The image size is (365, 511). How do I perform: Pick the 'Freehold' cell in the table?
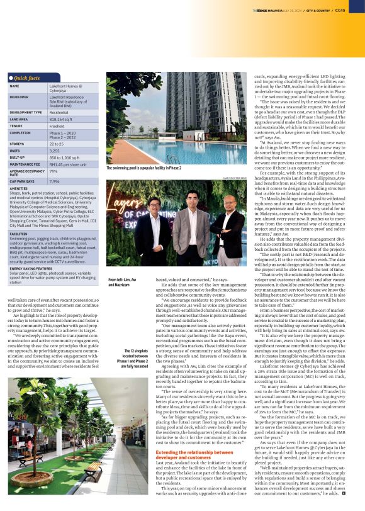59,125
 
